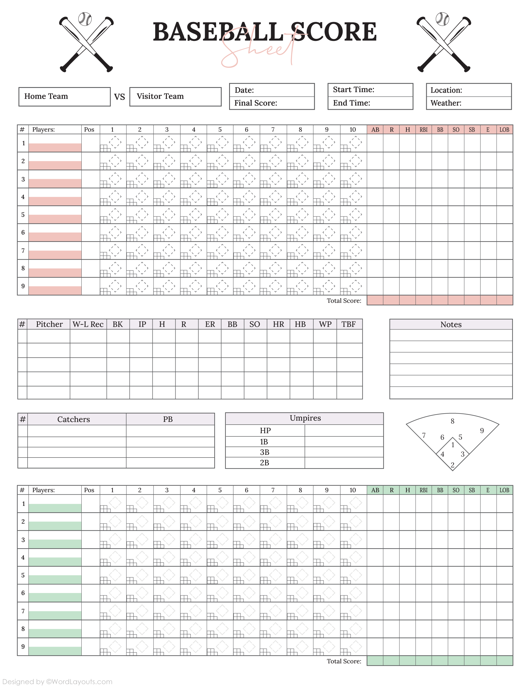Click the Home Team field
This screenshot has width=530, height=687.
pos(64,96)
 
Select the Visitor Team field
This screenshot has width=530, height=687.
pos(175,96)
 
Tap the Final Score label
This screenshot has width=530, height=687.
pos(256,103)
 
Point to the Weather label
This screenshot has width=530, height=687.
pos(446,103)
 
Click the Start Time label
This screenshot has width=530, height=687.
pos(353,90)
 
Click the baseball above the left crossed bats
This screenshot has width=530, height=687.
pos(85,19)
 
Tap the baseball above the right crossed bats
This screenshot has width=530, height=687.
pos(442,19)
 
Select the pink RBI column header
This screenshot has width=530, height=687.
pos(423,130)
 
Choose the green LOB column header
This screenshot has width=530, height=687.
pos(504,490)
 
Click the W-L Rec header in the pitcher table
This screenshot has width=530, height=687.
pos(88,324)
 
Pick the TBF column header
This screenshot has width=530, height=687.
pos(349,324)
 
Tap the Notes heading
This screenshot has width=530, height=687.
pos(451,325)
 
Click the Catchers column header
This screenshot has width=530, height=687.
pos(73,419)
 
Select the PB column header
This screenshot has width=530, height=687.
pos(168,419)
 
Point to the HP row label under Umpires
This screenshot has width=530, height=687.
pos(265,431)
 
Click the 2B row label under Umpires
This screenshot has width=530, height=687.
pos(264,463)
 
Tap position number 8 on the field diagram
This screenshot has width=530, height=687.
pos(452,421)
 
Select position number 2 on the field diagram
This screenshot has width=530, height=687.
pos(452,465)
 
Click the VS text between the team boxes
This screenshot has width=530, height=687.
pos(119,97)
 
